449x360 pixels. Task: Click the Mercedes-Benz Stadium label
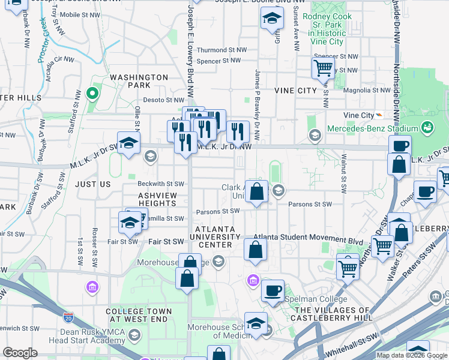(372, 128)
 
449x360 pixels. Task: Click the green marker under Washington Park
(92, 94)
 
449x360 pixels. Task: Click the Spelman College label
(317, 299)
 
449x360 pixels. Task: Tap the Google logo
(20, 353)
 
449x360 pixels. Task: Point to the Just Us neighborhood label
(94, 184)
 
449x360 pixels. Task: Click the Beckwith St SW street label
(161, 184)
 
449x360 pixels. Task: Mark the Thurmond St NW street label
(221, 50)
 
